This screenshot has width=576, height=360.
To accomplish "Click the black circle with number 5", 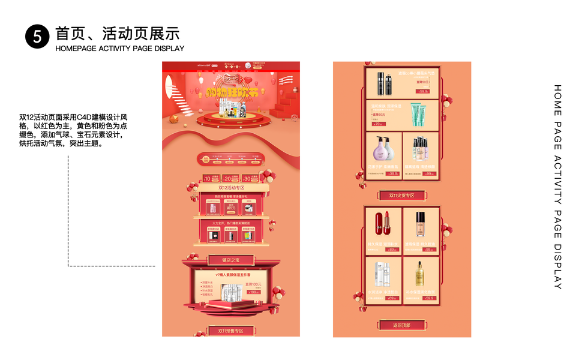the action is (37, 37).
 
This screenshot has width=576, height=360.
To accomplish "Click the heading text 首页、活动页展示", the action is (117, 33).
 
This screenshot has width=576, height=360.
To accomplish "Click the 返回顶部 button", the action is (402, 325).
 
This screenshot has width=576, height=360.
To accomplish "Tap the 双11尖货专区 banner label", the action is (402, 196).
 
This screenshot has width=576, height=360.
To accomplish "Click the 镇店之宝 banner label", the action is (230, 260).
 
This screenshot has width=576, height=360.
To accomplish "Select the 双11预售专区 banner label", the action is (230, 331).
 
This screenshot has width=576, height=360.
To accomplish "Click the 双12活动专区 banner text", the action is (231, 188).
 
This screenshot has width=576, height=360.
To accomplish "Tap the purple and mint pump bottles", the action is (385, 149).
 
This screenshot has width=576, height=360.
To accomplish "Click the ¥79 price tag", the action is (378, 124).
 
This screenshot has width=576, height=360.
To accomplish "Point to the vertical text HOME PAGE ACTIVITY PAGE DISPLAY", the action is (557, 186).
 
